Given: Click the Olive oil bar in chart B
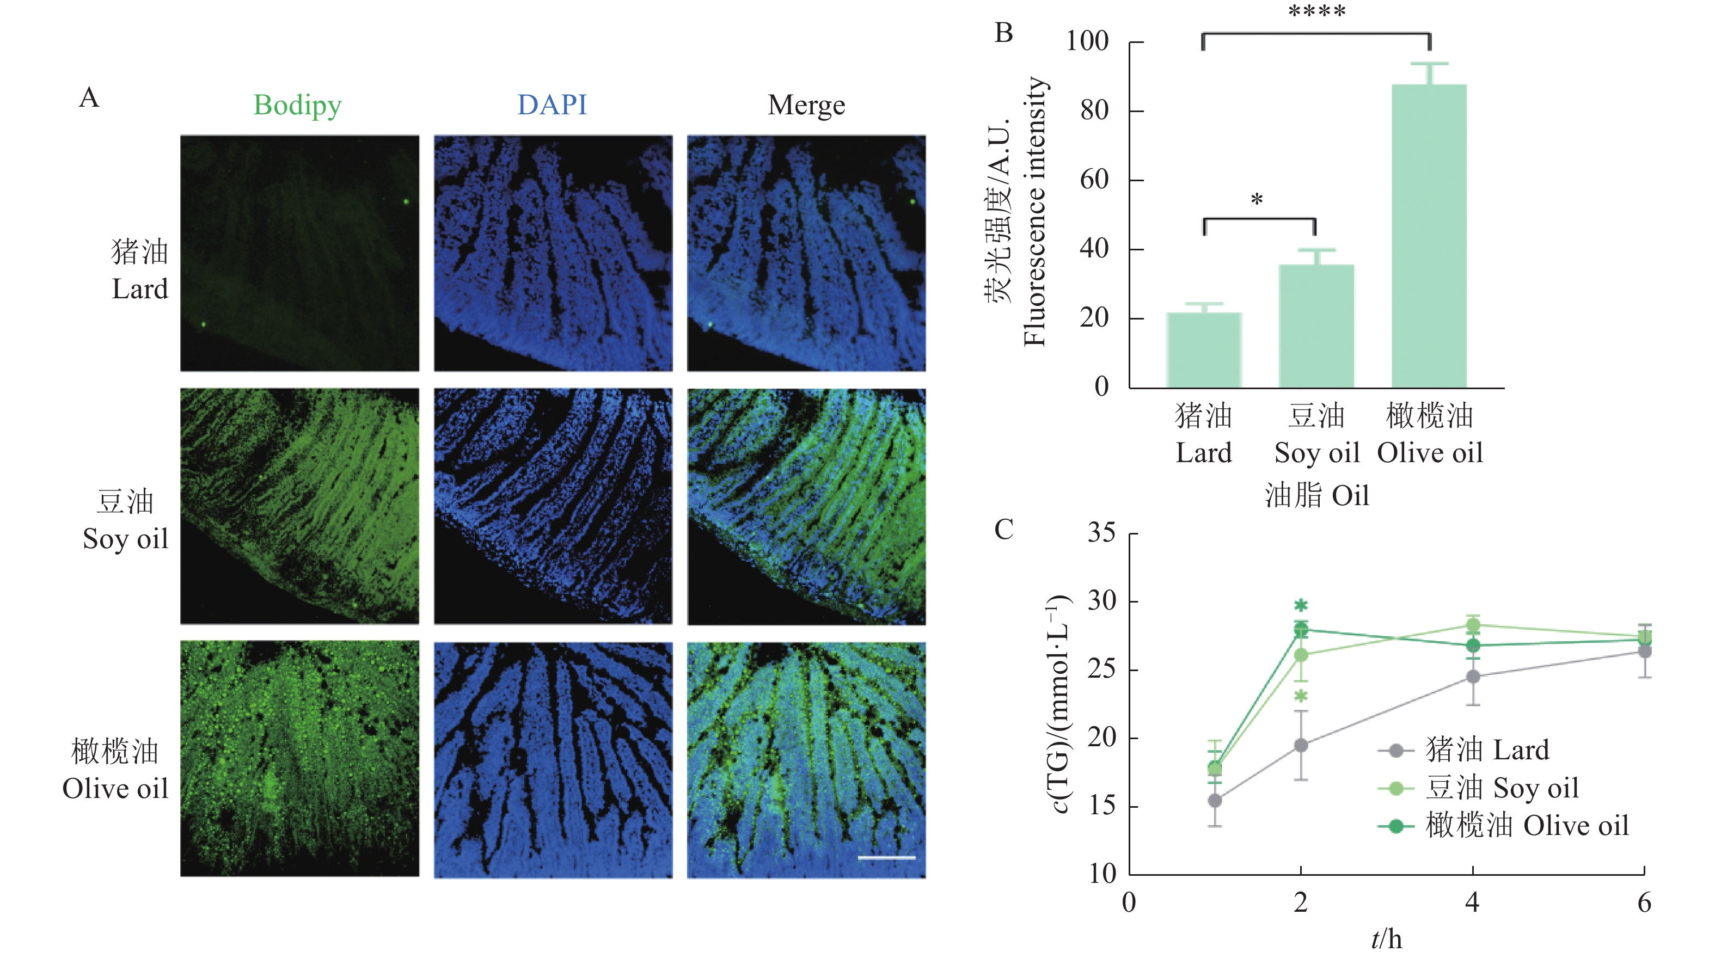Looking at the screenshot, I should tap(1429, 236).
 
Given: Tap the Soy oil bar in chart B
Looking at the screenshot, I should tap(1316, 326).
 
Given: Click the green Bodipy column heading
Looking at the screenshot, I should tap(298, 105).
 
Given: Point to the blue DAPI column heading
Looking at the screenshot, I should tap(552, 105).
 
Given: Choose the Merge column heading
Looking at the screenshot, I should tap(806, 105).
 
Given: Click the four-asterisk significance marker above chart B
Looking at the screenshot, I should tap(1316, 12).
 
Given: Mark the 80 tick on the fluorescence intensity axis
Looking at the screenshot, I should tap(1094, 110).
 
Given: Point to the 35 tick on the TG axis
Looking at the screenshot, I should tap(1101, 532).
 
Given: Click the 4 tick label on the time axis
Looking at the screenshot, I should tap(1472, 902).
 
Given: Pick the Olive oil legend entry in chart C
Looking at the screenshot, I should tap(1526, 826).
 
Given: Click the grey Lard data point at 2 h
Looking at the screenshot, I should tap(1300, 745).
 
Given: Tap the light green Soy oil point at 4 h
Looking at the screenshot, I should tap(1473, 625).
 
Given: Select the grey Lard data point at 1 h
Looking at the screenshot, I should tap(1215, 800).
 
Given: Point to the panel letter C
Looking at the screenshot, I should tap(1003, 530).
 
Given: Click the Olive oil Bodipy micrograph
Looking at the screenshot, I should tap(299, 758).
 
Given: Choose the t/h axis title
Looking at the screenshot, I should tap(1387, 939).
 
